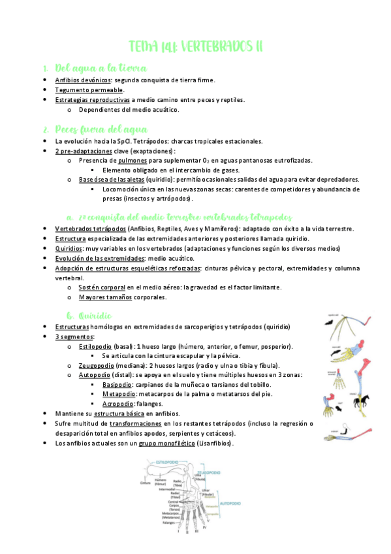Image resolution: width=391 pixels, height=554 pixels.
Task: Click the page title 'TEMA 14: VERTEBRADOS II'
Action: (x=195, y=46)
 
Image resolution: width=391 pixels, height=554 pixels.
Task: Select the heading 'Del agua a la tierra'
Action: (x=101, y=68)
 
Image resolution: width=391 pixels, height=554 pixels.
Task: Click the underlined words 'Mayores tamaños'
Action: (x=105, y=297)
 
